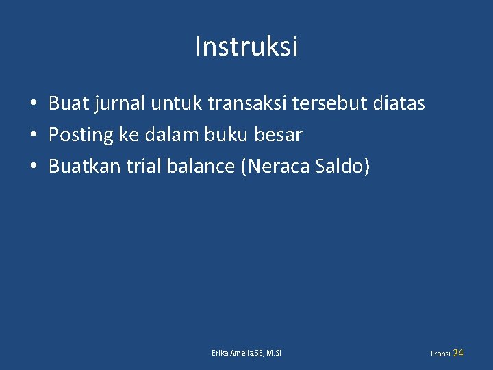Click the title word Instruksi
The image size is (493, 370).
pyautogui.click(x=246, y=47)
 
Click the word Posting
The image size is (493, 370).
pyautogui.click(x=81, y=135)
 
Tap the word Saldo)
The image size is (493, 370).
pyautogui.click(x=341, y=166)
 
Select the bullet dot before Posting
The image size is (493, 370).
pyautogui.click(x=33, y=136)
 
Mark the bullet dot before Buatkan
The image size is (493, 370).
pyautogui.click(x=33, y=166)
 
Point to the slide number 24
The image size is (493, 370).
pyautogui.click(x=458, y=353)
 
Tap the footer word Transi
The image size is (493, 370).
pyautogui.click(x=440, y=354)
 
